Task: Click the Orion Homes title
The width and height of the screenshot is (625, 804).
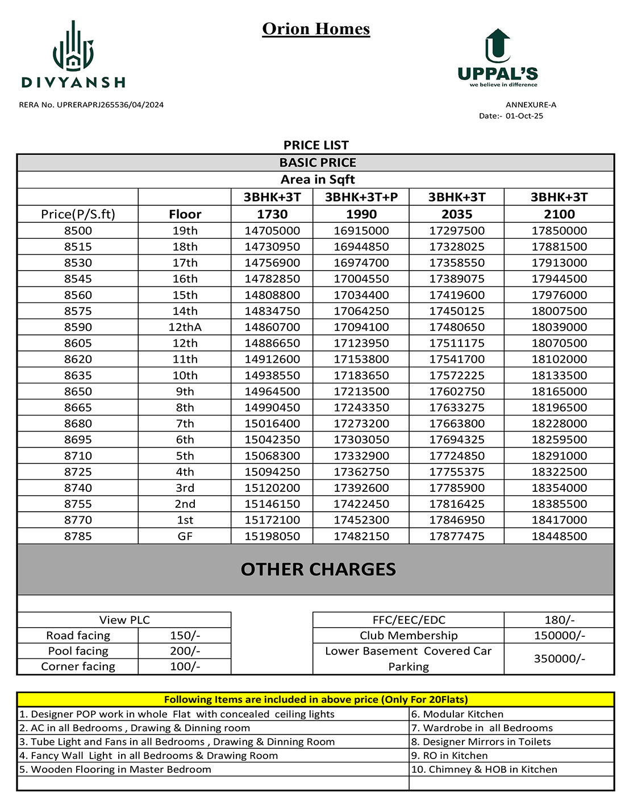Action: point(316,28)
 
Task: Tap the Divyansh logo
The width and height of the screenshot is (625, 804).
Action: point(73,56)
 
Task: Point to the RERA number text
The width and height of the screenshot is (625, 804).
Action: point(91,105)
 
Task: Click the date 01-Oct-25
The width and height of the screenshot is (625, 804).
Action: point(524,116)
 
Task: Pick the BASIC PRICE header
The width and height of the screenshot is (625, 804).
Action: point(317,163)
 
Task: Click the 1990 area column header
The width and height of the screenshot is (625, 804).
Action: point(361,214)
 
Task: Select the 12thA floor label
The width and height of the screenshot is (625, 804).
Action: point(185,327)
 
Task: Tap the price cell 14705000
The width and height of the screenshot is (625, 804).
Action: point(272,231)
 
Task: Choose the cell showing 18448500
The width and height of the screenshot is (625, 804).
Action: point(559,536)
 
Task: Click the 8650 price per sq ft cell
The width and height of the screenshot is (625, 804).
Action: point(78,391)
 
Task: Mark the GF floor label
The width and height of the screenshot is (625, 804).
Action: point(185,536)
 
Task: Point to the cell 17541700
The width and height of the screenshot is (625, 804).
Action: point(457,359)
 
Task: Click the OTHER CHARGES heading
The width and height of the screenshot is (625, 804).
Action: point(318,569)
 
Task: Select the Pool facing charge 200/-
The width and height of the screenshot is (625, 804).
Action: point(185,651)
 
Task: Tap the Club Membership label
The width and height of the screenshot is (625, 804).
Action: point(408,636)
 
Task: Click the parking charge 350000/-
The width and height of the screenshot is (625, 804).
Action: point(559,658)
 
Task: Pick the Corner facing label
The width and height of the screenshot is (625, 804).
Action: point(78,666)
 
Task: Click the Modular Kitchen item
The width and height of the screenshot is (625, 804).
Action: point(457,714)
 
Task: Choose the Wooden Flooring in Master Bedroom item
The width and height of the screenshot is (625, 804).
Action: point(115,769)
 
